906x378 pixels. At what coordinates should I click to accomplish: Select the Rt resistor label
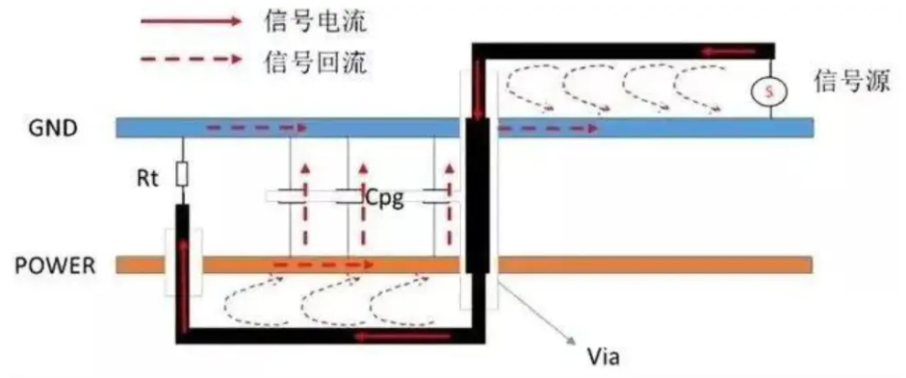point(145,177)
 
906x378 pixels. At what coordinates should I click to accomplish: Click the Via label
point(601,359)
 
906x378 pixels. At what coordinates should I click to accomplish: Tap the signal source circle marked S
point(769,91)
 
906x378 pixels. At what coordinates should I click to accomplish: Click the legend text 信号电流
point(313,20)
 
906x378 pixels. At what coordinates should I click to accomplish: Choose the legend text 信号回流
point(313,61)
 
